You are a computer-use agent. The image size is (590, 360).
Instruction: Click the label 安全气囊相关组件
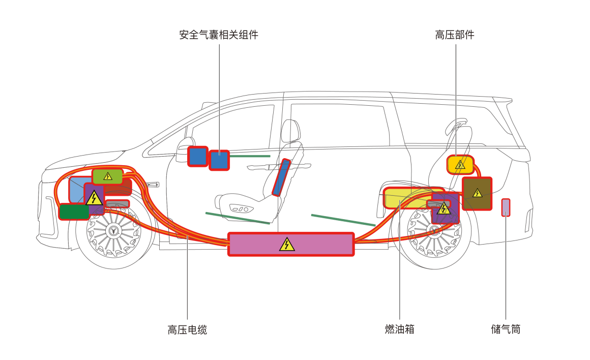[x=219, y=35]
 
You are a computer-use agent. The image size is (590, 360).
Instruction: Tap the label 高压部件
[x=455, y=35]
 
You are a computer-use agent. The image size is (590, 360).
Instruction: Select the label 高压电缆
[x=187, y=329]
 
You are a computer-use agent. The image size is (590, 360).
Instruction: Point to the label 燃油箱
[x=400, y=329]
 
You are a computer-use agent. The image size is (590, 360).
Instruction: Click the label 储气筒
[x=506, y=329]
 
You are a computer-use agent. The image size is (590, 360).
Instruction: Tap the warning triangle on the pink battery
[x=287, y=245]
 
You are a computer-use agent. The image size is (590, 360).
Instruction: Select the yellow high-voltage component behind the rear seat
[x=460, y=165]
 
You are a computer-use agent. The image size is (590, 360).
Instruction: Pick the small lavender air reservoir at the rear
[x=506, y=207]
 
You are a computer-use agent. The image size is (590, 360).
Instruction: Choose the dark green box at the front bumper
[x=74, y=212]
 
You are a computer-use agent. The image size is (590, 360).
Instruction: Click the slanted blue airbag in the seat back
[x=281, y=177]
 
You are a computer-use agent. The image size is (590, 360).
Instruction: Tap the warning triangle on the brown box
[x=477, y=193]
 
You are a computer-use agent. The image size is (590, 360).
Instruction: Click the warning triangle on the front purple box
[x=94, y=198]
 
